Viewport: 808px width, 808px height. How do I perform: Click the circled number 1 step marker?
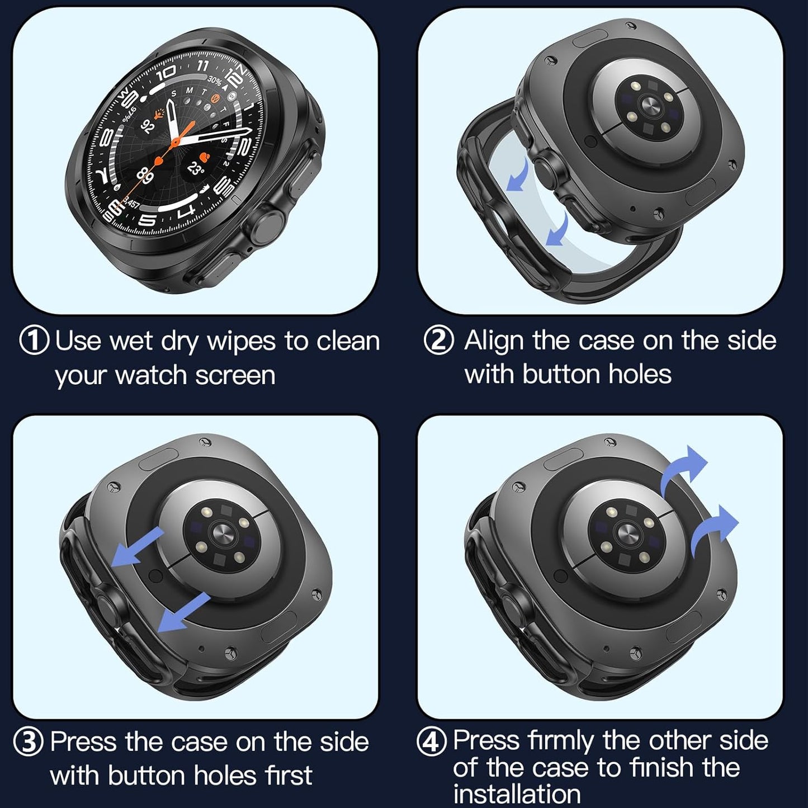point(34,341)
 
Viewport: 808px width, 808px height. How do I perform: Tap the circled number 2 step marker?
point(439,341)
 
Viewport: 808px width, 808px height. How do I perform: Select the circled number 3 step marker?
point(28,742)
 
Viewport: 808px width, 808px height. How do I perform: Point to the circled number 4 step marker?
point(432,741)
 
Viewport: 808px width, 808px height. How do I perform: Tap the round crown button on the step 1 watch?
point(264,223)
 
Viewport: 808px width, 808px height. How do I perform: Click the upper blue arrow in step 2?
point(518,175)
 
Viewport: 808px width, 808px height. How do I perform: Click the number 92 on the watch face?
point(148,126)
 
